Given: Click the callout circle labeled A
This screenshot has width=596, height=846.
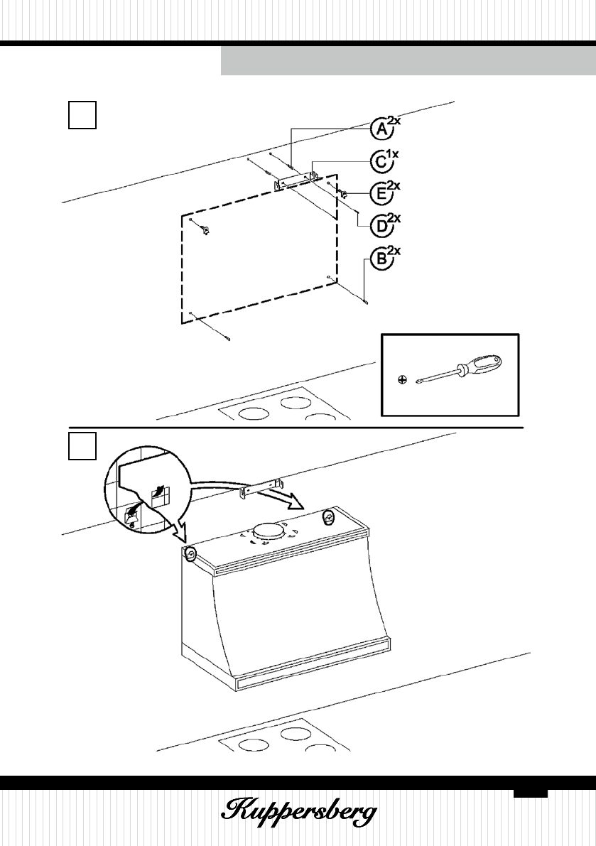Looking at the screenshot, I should point(380,130).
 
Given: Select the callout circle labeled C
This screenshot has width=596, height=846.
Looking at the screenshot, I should point(380,163).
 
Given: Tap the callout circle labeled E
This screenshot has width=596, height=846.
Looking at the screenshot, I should point(380,193).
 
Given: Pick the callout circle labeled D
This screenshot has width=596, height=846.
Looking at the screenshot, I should point(380,225).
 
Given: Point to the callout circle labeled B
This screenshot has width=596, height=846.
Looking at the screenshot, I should point(380,259).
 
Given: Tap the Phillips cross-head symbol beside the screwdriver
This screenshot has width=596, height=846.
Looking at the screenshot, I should point(402,380).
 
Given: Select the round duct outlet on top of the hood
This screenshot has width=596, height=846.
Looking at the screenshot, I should point(267,530).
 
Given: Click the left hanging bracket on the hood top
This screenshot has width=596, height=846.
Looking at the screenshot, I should point(191,554).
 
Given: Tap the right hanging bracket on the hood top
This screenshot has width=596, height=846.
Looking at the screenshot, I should point(328,517).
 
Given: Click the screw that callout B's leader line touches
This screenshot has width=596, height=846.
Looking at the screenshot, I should point(364,301).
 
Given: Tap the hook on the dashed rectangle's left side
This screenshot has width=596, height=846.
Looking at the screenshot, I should point(205,230).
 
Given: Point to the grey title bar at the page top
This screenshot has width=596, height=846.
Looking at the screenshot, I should point(408,62).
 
